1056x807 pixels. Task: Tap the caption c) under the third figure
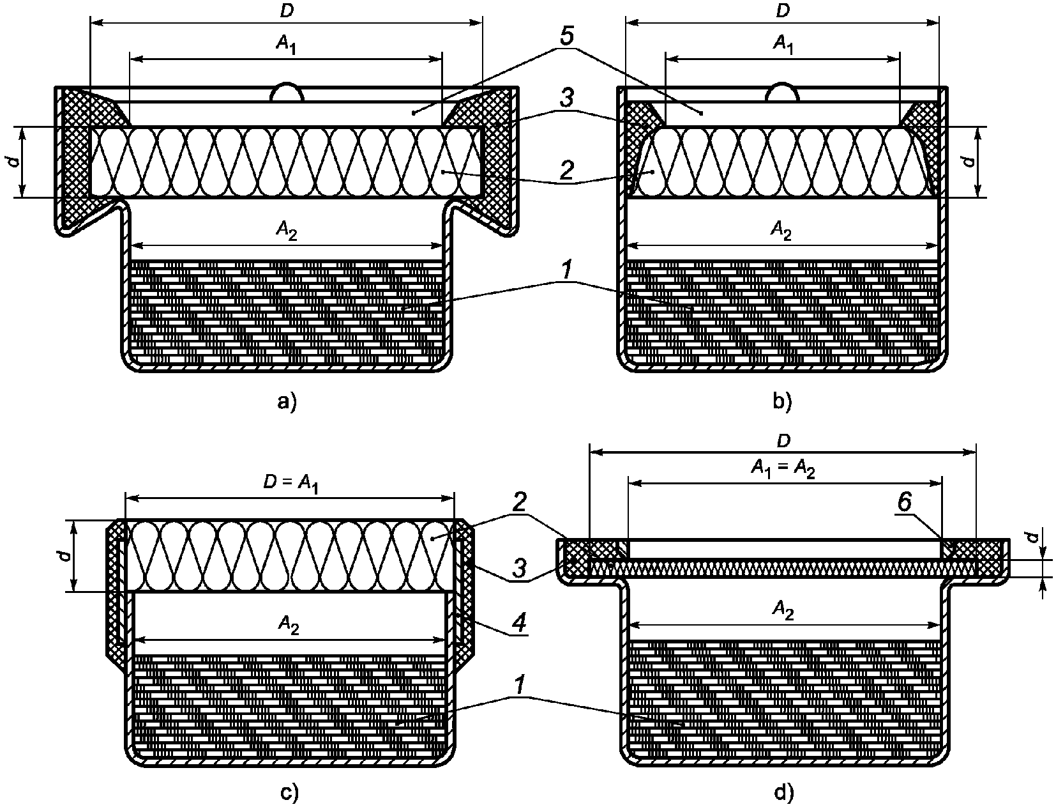pyautogui.click(x=289, y=792)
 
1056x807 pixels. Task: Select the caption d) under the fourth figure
pyautogui.click(x=783, y=792)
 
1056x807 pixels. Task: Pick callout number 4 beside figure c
pyautogui.click(x=520, y=622)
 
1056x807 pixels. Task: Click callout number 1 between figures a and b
pyautogui.click(x=566, y=272)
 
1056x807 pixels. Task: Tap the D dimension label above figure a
pyautogui.click(x=285, y=12)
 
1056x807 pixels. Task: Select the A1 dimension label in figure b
pyautogui.click(x=781, y=43)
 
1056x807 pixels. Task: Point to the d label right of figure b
pyautogui.click(x=969, y=161)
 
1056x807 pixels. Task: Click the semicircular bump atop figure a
pyautogui.click(x=286, y=92)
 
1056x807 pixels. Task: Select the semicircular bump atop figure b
pyautogui.click(x=782, y=93)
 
